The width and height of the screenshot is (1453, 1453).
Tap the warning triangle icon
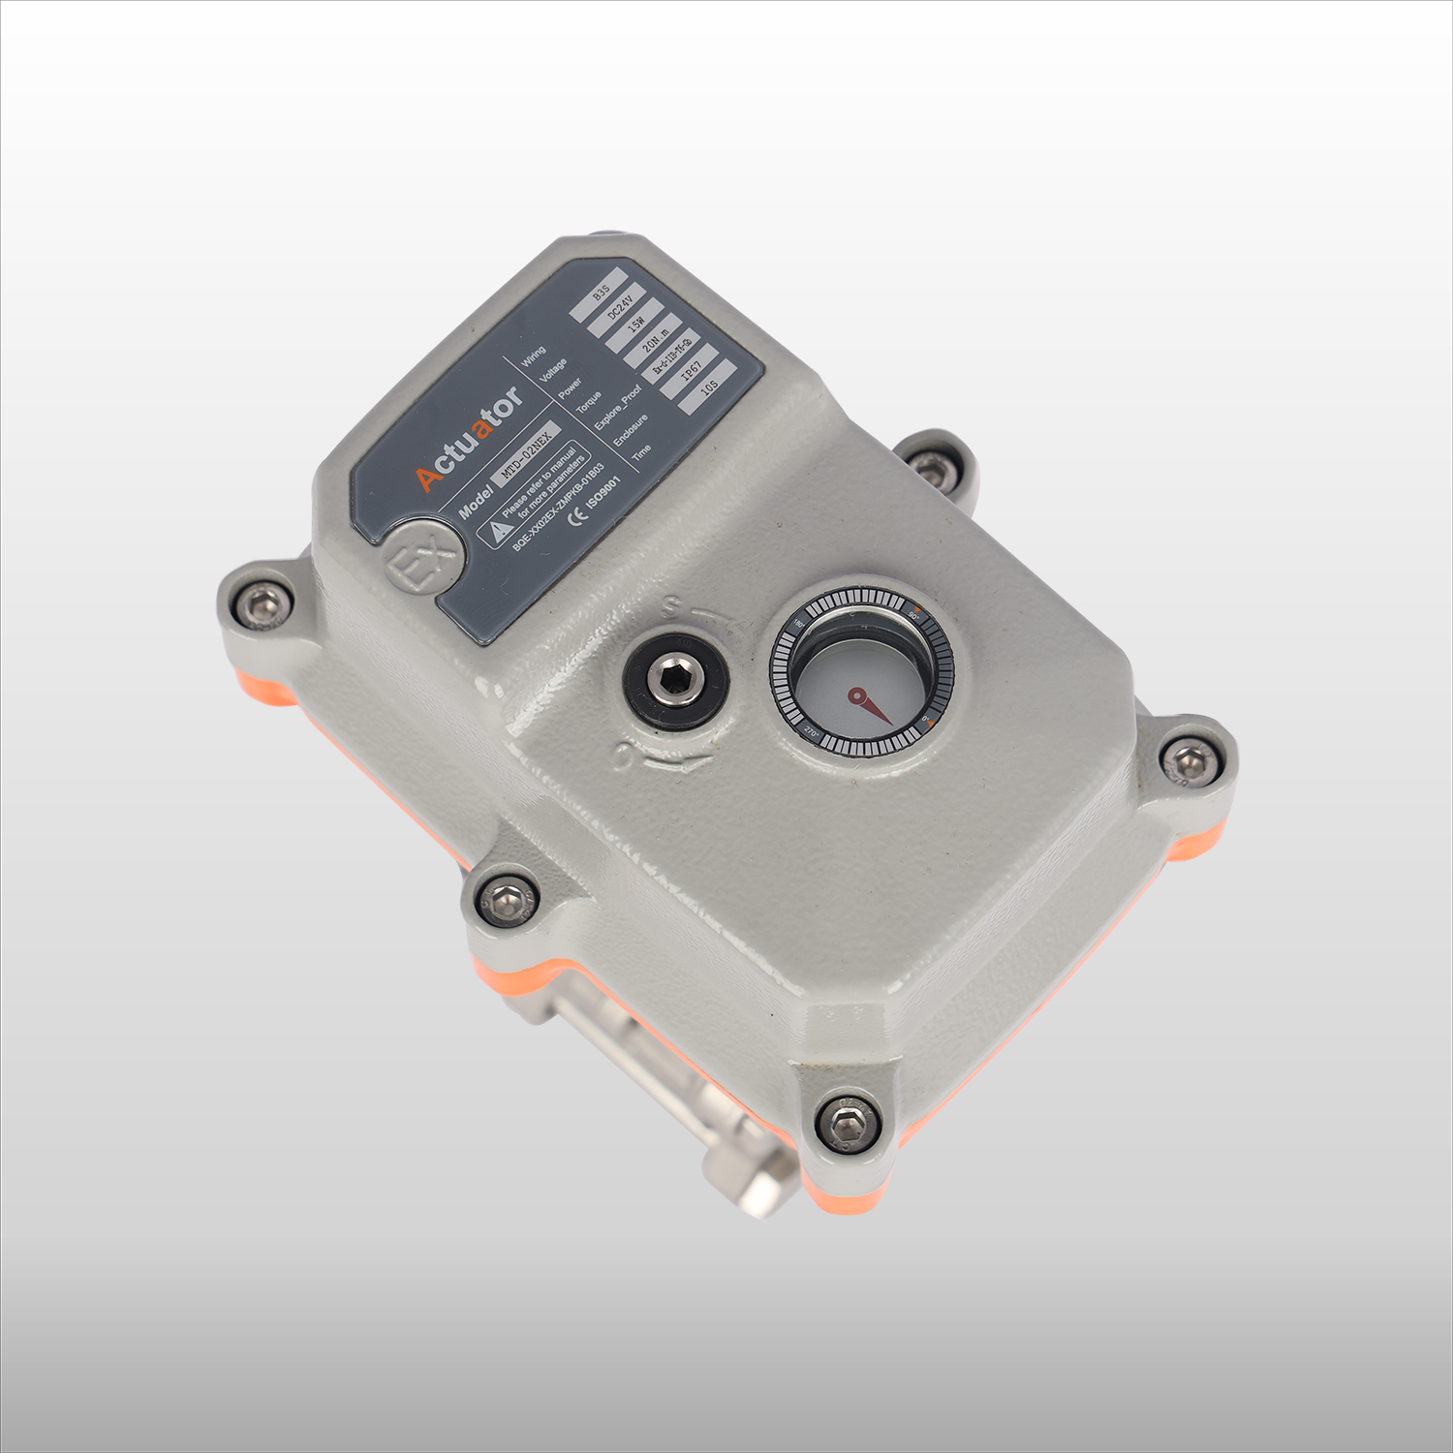(498, 528)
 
